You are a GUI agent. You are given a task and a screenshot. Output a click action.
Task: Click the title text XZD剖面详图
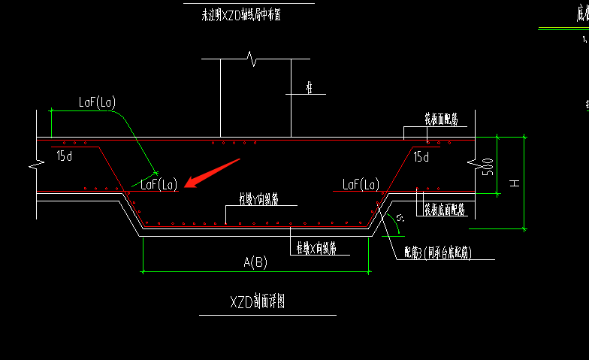pyautogui.click(x=257, y=302)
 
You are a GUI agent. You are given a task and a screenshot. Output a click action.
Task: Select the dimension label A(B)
pyautogui.click(x=255, y=262)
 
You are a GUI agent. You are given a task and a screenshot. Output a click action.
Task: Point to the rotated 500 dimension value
pyautogui.click(x=488, y=165)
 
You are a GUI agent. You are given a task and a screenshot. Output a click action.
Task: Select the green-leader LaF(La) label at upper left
pyautogui.click(x=97, y=101)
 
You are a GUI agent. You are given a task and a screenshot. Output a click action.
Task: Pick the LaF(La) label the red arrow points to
pyautogui.click(x=158, y=184)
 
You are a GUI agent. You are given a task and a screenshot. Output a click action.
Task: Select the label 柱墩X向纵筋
pyautogui.click(x=316, y=248)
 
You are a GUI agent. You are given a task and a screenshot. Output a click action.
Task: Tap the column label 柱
pyautogui.click(x=309, y=88)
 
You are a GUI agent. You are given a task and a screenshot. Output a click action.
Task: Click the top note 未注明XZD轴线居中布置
pyautogui.click(x=237, y=16)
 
